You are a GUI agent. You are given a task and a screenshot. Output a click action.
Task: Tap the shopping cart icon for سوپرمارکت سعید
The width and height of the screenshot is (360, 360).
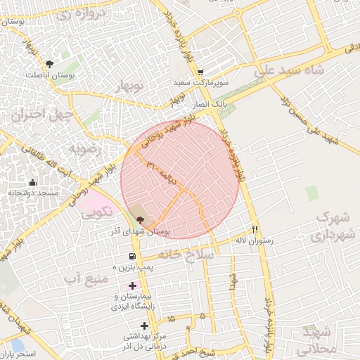click(x=200, y=72)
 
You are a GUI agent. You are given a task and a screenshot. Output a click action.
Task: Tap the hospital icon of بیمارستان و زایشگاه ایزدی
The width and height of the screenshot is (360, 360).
click(x=131, y=285)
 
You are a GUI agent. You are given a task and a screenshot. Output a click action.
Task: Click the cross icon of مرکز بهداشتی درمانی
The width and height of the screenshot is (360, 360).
click(x=145, y=325)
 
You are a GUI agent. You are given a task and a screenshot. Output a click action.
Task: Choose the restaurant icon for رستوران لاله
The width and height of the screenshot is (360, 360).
click(x=255, y=230)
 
